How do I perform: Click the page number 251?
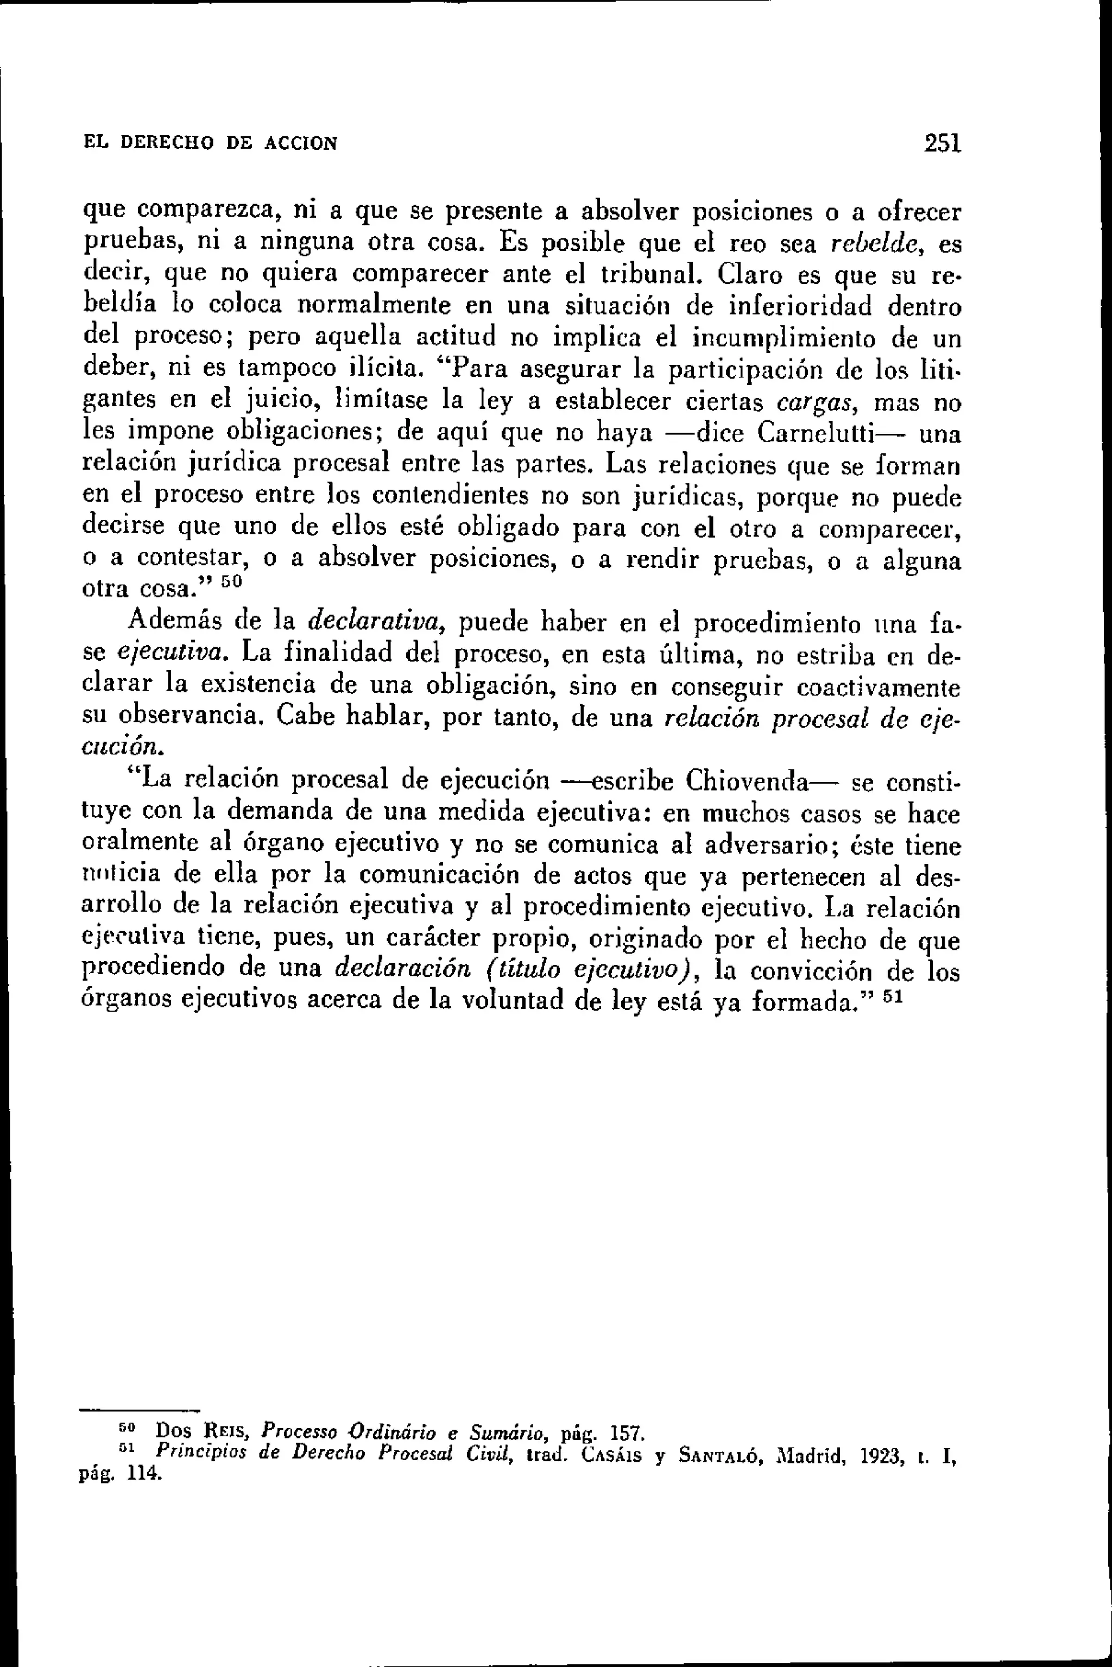942,143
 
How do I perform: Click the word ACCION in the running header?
301,144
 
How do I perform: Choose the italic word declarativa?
376,622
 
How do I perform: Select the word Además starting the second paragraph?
174,622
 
